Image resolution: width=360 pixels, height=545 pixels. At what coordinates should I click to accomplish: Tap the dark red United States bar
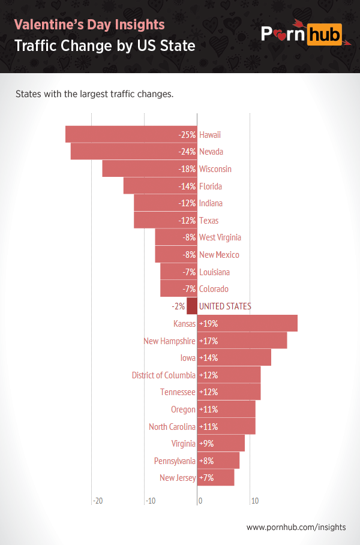pos(192,306)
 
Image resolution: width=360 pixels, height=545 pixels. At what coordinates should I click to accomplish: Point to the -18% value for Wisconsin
pos(187,169)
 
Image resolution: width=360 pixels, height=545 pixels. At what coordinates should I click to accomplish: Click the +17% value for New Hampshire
pos(208,341)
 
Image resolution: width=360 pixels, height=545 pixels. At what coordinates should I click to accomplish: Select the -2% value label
pos(178,306)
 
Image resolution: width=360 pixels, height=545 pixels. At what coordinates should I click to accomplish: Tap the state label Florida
pos(211,186)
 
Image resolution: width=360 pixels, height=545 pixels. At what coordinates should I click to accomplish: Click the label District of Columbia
pos(163,375)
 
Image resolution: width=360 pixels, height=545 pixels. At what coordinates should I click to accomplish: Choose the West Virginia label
pos(220,237)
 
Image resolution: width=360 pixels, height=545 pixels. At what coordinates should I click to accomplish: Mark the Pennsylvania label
pos(175,461)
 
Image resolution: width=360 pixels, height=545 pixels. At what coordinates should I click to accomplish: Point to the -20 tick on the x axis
pos(98,501)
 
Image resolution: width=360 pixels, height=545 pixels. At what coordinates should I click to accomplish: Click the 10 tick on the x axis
pos(254,501)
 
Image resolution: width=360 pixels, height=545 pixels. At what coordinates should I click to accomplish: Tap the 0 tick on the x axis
pos(200,501)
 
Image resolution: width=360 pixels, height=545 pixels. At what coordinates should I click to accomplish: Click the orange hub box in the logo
pos(325,34)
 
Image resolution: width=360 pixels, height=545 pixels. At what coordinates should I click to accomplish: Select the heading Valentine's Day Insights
pos(89,25)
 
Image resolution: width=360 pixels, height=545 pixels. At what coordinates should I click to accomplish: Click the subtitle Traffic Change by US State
pos(104,46)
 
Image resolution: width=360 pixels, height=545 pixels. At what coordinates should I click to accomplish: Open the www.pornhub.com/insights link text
pos(296,528)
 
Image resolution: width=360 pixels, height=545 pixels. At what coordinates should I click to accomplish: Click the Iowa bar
pos(234,358)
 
